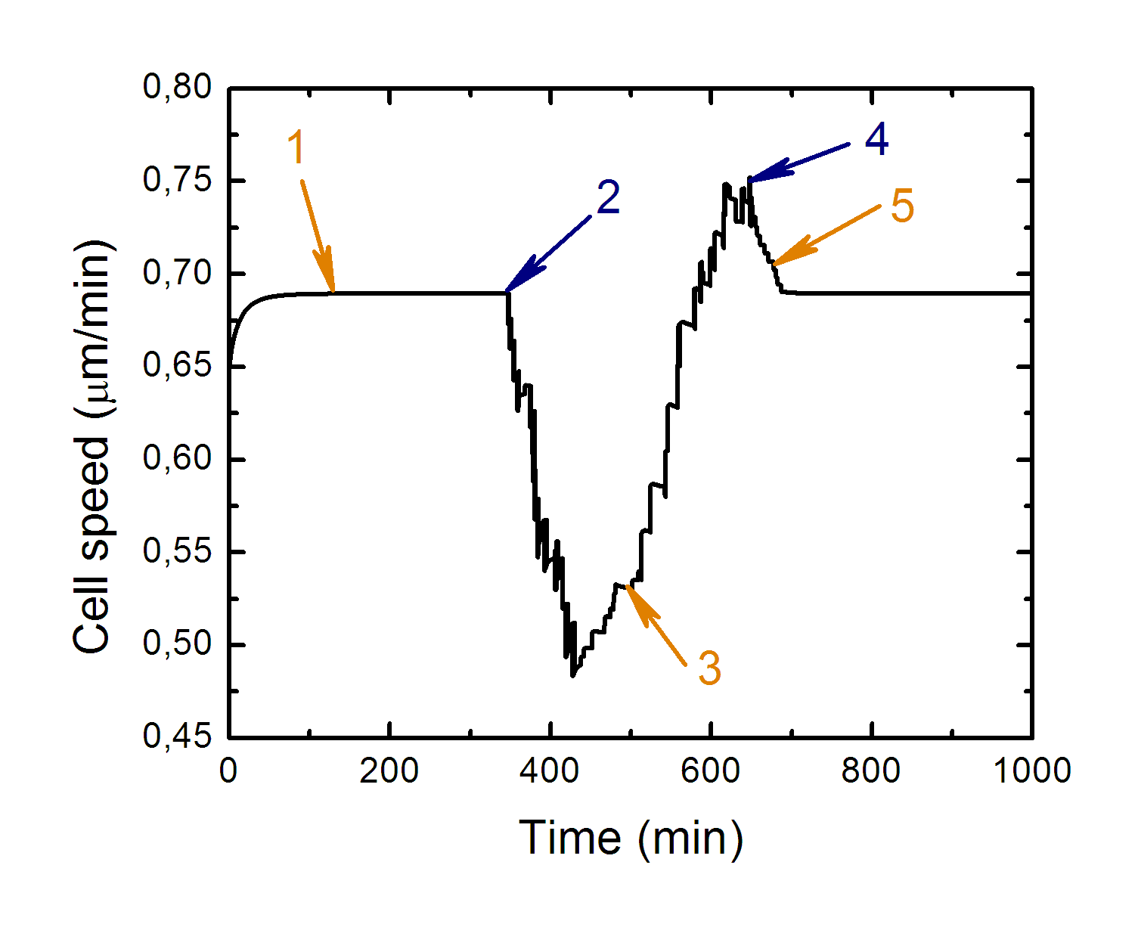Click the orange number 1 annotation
click(x=296, y=147)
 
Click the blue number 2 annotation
click(x=608, y=198)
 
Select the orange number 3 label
click(x=709, y=668)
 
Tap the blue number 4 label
click(x=876, y=140)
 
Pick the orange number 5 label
click(x=901, y=206)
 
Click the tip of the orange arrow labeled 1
click(x=333, y=291)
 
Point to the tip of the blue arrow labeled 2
click(x=507, y=291)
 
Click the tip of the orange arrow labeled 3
click(x=627, y=585)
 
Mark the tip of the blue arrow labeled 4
click(x=749, y=180)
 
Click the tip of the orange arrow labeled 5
click(x=772, y=265)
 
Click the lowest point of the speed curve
click(x=572, y=675)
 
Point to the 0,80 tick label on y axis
click(x=177, y=87)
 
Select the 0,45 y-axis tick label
click(x=177, y=736)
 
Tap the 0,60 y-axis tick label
click(x=177, y=458)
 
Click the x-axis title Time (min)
click(x=631, y=839)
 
